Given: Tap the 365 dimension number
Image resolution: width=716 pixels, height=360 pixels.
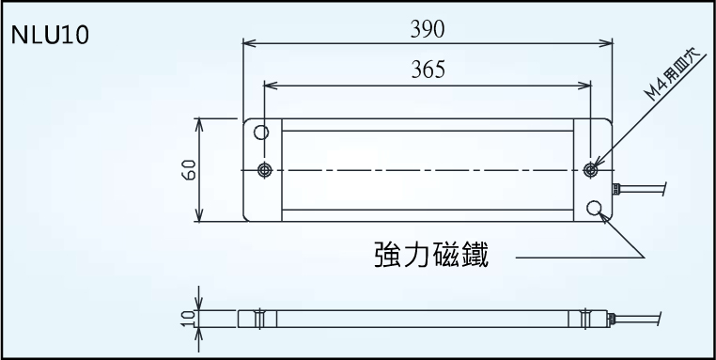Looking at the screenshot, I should click(x=428, y=70).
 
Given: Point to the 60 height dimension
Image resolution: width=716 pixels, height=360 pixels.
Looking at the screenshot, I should click(x=188, y=170).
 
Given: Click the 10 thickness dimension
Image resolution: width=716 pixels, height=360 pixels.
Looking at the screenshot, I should click(x=188, y=319).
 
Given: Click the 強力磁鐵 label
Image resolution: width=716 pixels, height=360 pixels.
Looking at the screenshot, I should click(x=431, y=256).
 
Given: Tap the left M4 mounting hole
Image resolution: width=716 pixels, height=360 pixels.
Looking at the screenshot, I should click(x=264, y=169).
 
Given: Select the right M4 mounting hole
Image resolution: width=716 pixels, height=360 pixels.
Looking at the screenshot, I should click(x=590, y=169).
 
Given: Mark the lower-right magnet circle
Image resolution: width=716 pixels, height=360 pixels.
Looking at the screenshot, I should click(x=594, y=208).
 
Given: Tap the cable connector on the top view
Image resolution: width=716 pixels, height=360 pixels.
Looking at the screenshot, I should click(x=615, y=187).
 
